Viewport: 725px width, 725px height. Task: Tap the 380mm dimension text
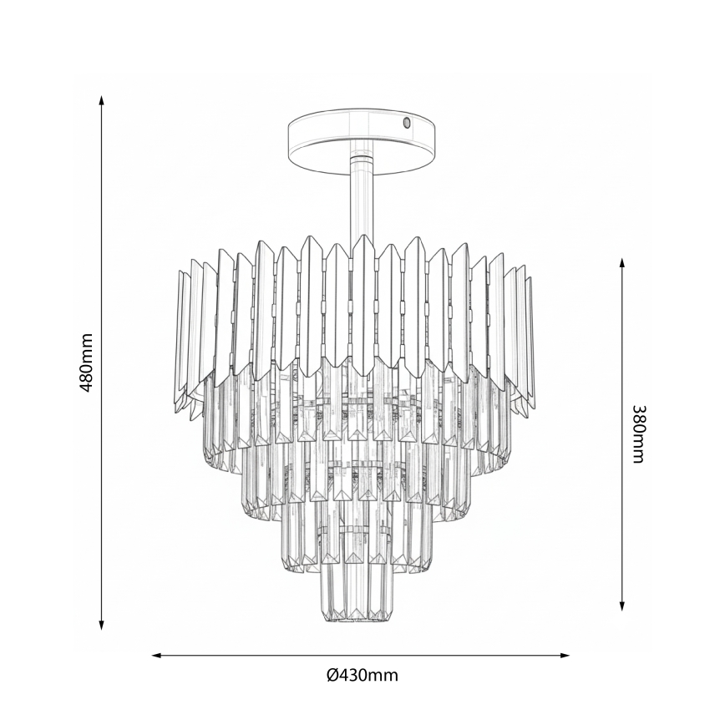coord(638,434)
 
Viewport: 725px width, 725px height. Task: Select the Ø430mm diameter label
coord(362,675)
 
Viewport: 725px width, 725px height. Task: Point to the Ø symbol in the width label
coord(332,675)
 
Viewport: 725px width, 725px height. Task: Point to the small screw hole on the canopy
coord(407,123)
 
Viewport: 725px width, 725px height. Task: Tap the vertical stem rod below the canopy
coord(361,200)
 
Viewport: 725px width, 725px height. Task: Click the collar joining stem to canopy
coord(361,157)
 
